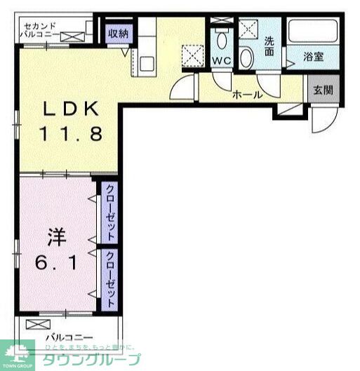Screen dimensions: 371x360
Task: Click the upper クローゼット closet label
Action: point(111,212)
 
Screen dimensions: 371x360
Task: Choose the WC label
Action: point(222,60)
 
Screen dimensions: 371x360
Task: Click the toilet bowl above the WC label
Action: point(222,38)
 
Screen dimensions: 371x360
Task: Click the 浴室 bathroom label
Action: point(313,58)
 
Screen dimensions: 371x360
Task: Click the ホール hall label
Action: point(247,94)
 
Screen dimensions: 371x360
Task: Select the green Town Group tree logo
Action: point(17,354)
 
